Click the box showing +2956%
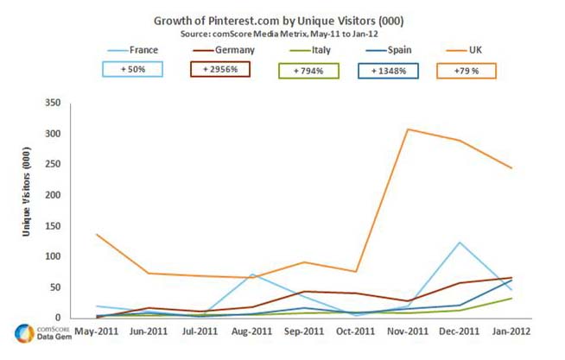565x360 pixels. (x=219, y=68)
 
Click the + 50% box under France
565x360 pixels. (x=132, y=68)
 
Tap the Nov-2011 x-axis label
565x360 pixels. (x=406, y=332)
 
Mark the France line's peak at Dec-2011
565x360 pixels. (x=459, y=243)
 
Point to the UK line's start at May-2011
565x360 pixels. (x=97, y=234)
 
